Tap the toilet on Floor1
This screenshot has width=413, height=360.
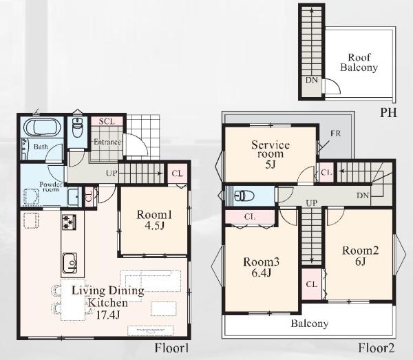coord(77,127)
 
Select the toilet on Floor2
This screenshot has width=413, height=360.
coord(244,196)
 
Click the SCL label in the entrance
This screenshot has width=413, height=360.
coord(107,121)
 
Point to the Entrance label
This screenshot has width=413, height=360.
coord(107,142)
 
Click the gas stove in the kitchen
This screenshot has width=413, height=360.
coord(69,222)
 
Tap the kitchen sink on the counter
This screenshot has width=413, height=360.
coord(70,264)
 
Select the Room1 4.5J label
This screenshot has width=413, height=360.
coord(154,220)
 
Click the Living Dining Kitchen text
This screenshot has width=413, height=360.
coord(108,297)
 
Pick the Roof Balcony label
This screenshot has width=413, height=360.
coord(359,63)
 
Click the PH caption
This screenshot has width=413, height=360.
coord(388,113)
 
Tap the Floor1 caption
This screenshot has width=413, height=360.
coord(171,348)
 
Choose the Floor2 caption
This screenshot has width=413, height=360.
coord(377,348)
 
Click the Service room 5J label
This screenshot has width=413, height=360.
coord(271,154)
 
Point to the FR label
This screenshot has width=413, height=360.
coord(336,134)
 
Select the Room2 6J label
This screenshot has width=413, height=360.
coord(360,255)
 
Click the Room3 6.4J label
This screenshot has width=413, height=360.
coord(262,267)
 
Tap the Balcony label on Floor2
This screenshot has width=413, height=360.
coord(310,324)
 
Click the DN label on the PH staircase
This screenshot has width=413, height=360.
coord(312,80)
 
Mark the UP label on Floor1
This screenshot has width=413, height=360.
coord(112,173)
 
